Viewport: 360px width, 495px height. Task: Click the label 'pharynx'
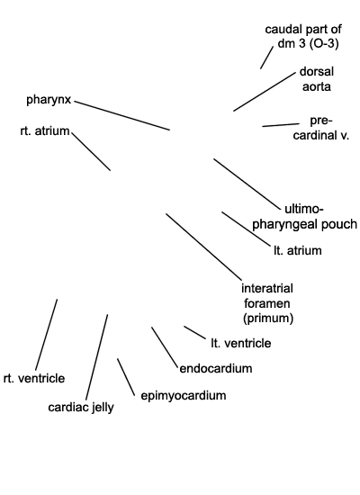(x=49, y=100)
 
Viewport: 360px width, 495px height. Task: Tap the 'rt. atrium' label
(x=44, y=130)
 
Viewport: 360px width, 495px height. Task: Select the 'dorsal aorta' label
(x=317, y=79)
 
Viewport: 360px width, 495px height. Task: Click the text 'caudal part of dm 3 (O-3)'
(x=303, y=36)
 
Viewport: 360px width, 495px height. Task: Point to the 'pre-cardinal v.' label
(x=320, y=128)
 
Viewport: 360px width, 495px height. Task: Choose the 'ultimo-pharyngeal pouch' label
(x=304, y=217)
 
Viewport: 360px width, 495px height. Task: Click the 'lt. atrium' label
(x=298, y=250)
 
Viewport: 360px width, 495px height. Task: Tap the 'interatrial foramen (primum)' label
(x=268, y=303)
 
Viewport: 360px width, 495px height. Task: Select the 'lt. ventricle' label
(x=241, y=343)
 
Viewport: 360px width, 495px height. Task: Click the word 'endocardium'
(x=216, y=368)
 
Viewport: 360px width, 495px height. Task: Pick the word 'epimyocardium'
(x=184, y=396)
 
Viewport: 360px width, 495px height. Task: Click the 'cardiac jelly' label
(x=81, y=407)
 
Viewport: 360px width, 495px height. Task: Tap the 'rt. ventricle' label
(x=34, y=378)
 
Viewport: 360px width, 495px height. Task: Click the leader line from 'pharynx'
(x=121, y=115)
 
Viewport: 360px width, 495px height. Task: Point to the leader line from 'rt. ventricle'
(x=46, y=335)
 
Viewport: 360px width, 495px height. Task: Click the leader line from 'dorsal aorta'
(x=265, y=92)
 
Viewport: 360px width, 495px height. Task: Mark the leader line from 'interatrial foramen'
(x=203, y=247)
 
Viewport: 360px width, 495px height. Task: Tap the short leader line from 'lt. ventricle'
(x=194, y=333)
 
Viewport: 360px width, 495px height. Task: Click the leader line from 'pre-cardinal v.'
(x=281, y=125)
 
